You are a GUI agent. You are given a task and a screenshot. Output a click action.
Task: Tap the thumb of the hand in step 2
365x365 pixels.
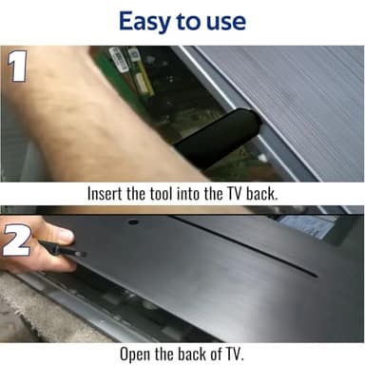click(57, 233)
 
